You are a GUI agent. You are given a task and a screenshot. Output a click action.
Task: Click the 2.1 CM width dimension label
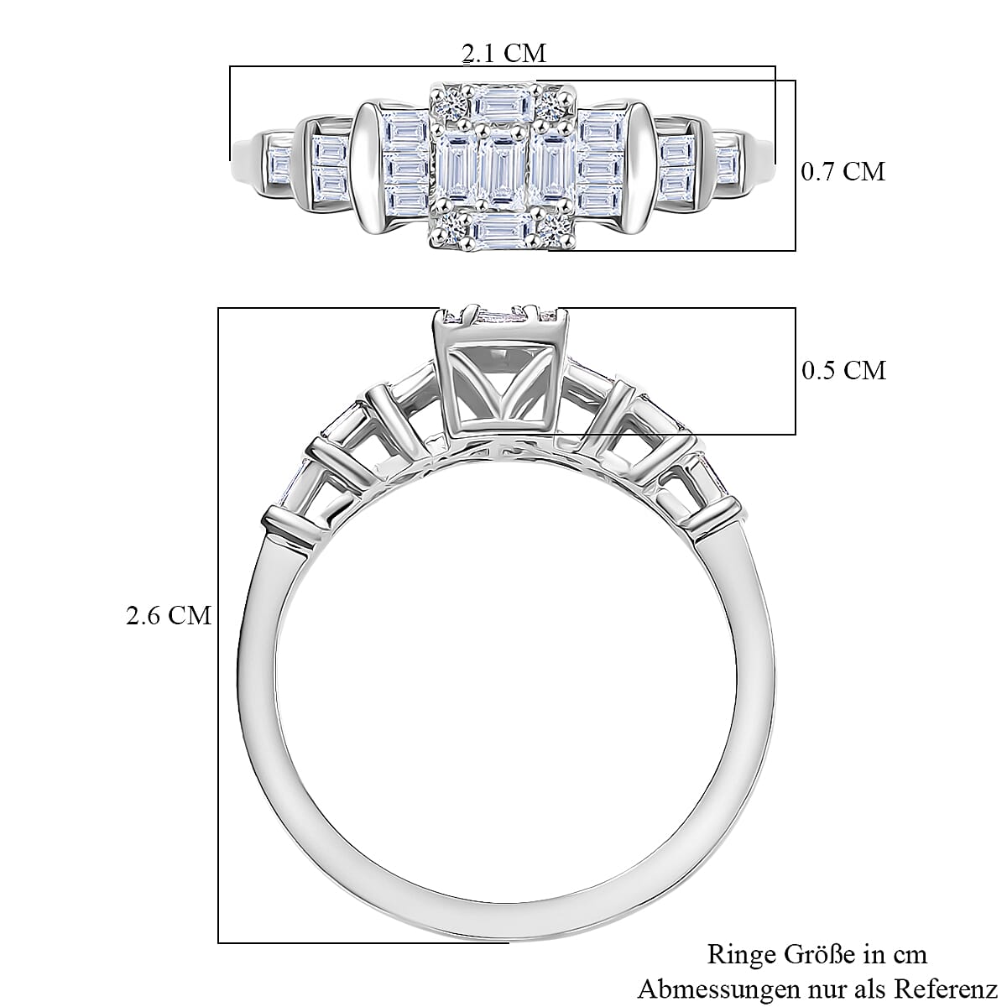[503, 54]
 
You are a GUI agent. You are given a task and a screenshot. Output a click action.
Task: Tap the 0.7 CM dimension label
[843, 172]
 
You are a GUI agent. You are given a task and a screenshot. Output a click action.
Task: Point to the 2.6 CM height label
[168, 616]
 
